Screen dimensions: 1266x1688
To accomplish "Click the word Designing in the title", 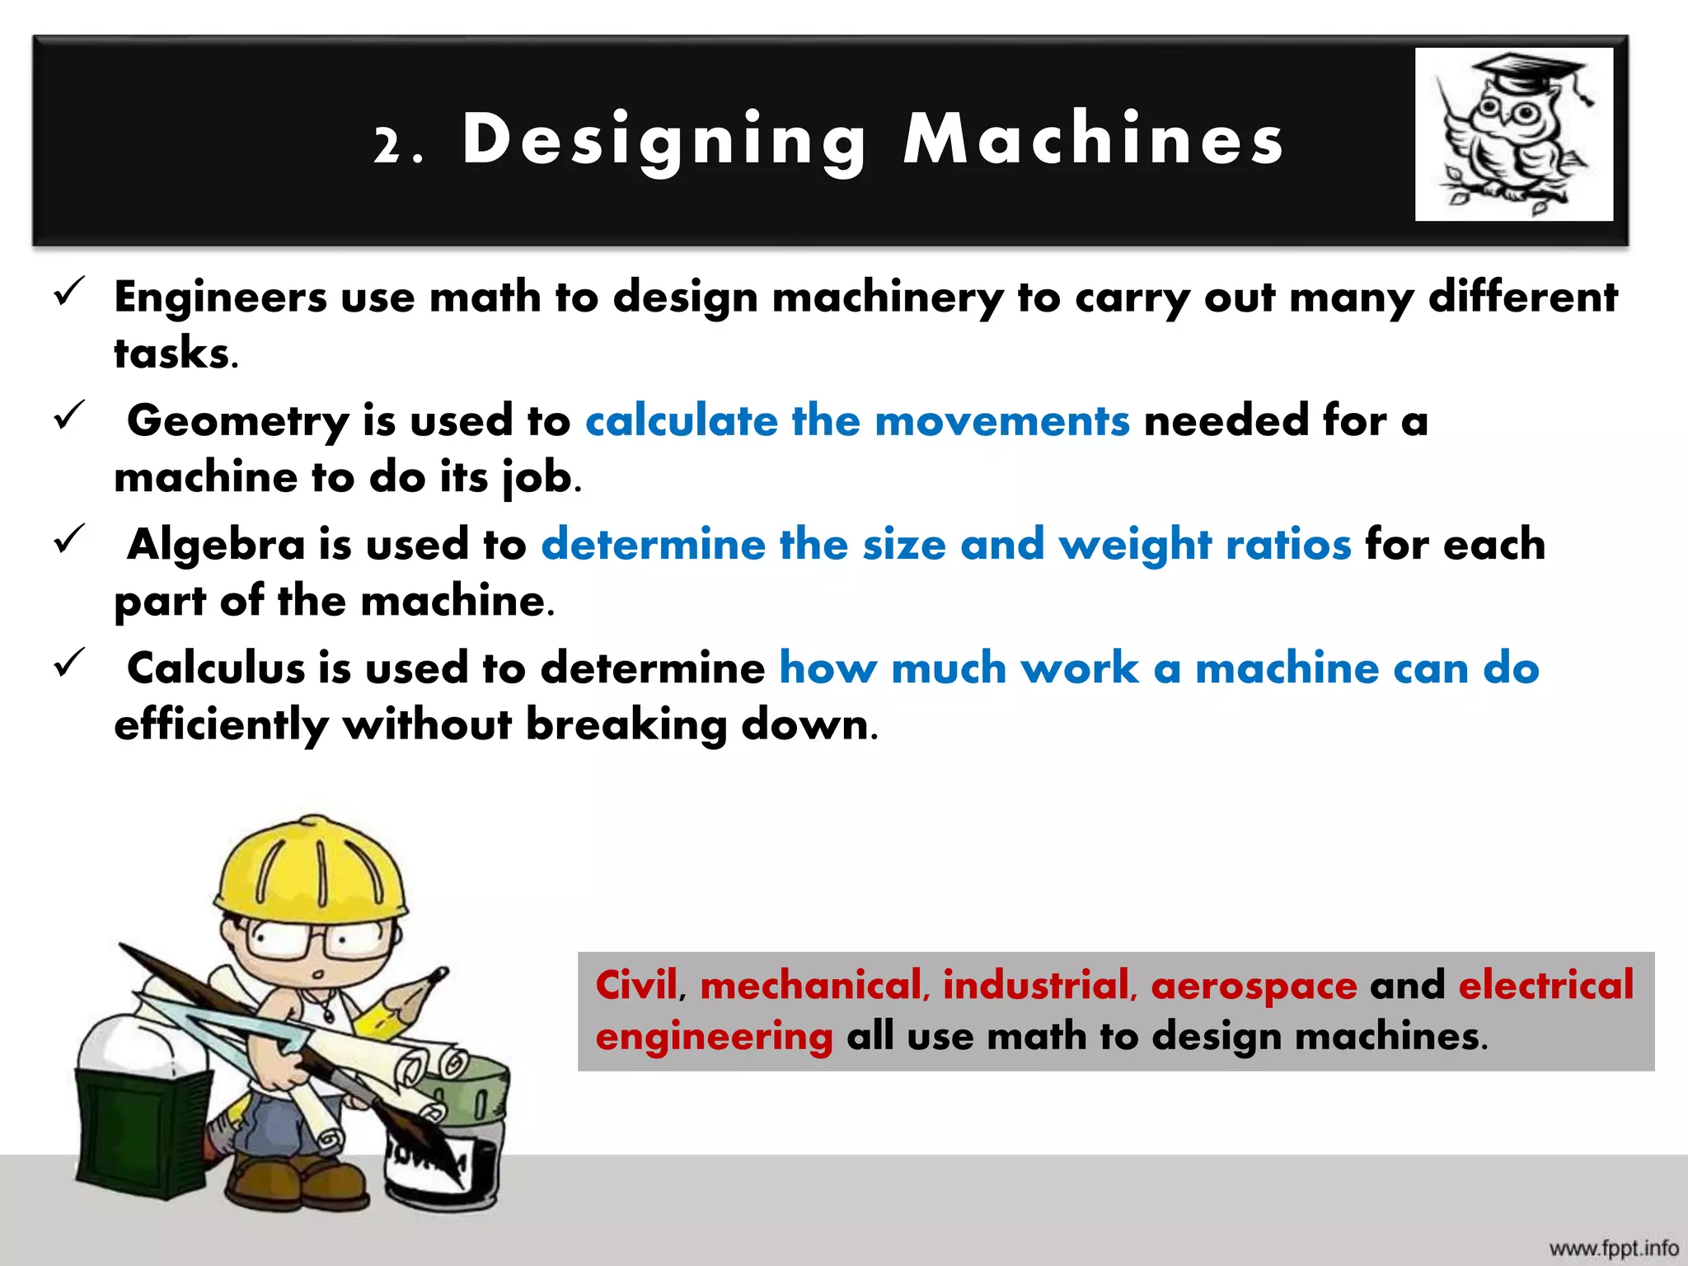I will (663, 140).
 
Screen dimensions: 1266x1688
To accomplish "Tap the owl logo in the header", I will (1513, 134).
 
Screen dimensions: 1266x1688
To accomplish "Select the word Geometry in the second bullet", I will (237, 421).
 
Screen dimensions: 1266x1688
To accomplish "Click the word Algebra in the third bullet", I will (216, 545).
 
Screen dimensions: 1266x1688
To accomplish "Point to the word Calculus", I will (215, 668).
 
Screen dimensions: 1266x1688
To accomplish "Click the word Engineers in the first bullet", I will (220, 297).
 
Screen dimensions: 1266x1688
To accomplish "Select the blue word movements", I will (1001, 421).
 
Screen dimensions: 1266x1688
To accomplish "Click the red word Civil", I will (636, 985).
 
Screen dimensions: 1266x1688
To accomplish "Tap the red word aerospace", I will (1254, 987).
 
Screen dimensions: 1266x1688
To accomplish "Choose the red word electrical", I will (1545, 985).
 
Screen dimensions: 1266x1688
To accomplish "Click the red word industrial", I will (1039, 985).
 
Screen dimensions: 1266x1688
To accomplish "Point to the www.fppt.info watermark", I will (1613, 1248).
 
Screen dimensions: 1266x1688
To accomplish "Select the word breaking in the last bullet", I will (626, 725).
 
